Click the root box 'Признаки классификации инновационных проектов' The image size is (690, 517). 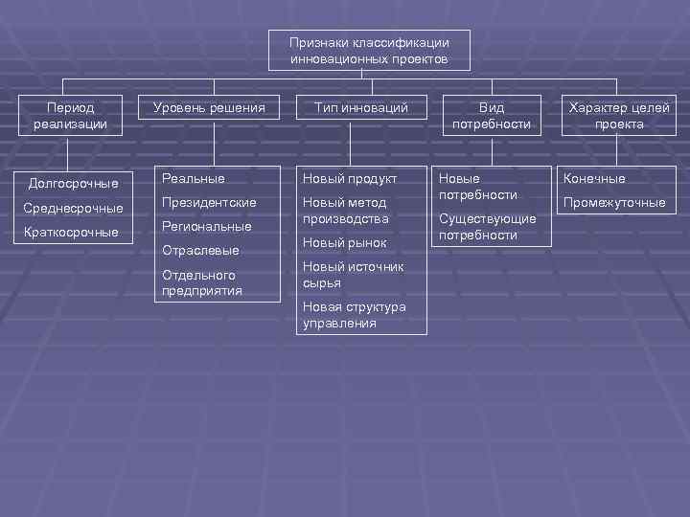pyautogui.click(x=369, y=51)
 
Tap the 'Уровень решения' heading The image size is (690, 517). pyautogui.click(x=208, y=108)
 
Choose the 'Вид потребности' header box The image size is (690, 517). pyautogui.click(x=491, y=116)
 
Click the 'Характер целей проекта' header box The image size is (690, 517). pyautogui.click(x=618, y=116)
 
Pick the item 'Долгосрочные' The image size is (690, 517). pyautogui.click(x=74, y=183)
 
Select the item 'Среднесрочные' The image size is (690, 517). pyautogui.click(x=74, y=208)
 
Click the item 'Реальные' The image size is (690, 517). pyautogui.click(x=194, y=178)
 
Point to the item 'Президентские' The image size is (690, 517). pyautogui.click(x=209, y=203)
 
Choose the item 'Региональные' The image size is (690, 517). pyautogui.click(x=207, y=227)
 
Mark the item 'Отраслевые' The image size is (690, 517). pyautogui.click(x=200, y=251)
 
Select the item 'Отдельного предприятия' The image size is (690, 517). pyautogui.click(x=202, y=282)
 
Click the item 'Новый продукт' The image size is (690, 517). pyautogui.click(x=350, y=178)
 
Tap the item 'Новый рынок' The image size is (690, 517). pyautogui.click(x=344, y=243)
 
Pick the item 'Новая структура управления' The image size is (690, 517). pyautogui.click(x=354, y=315)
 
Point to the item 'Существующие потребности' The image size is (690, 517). pyautogui.click(x=487, y=227)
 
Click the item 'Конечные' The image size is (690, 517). pyautogui.click(x=594, y=178)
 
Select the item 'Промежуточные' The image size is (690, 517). pyautogui.click(x=614, y=203)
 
